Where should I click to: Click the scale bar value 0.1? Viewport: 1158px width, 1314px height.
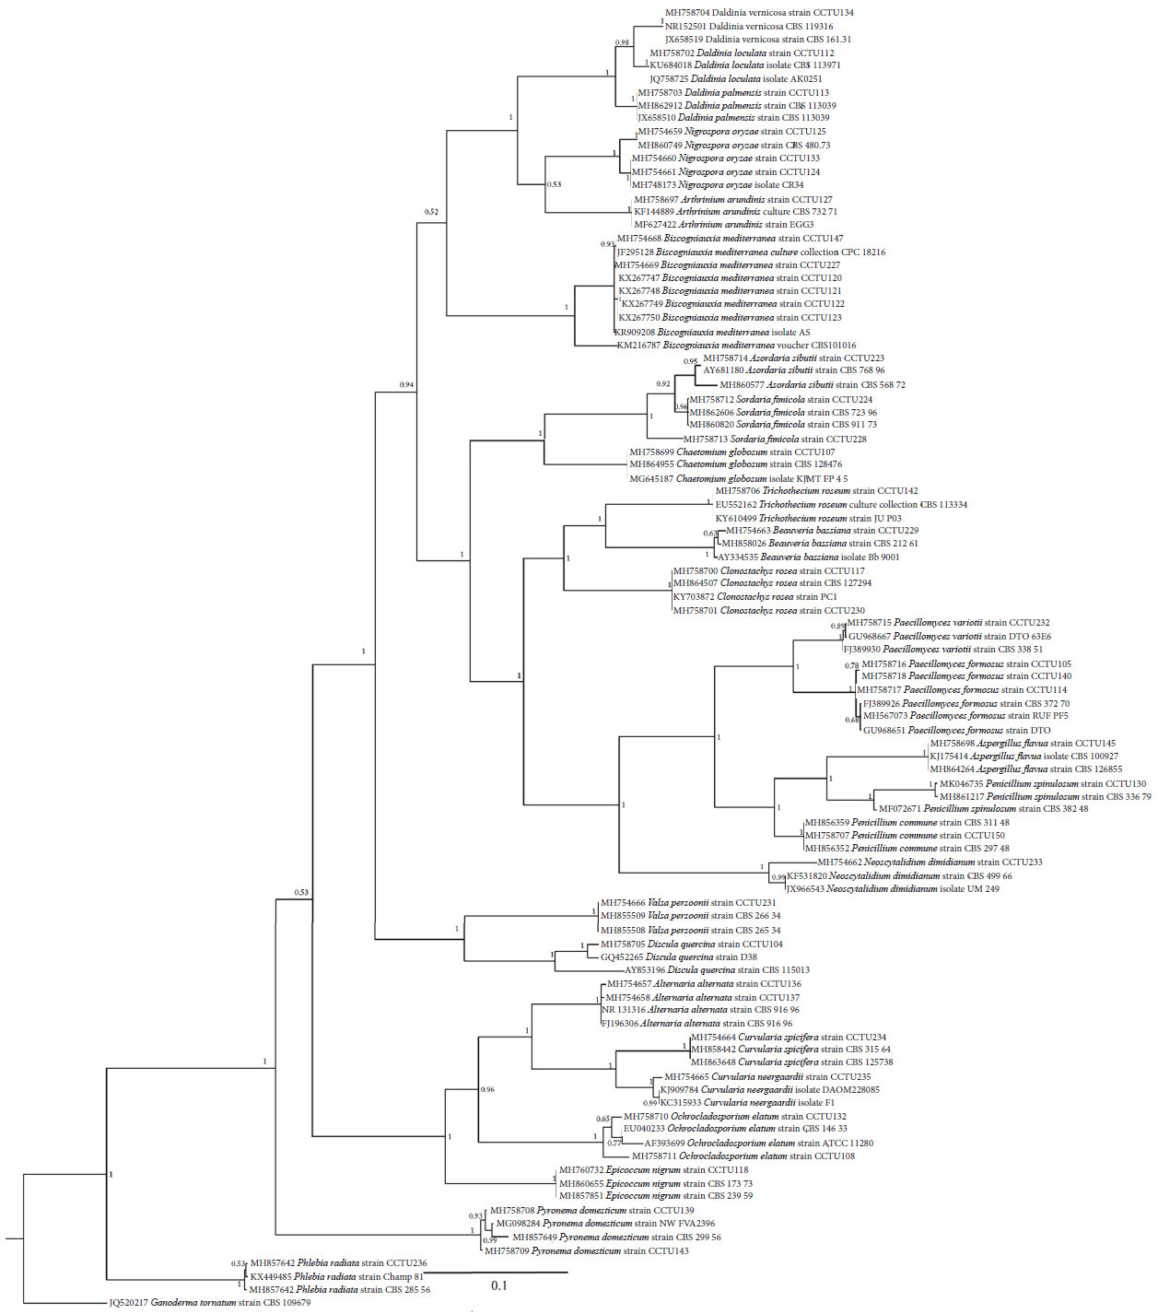(498, 1285)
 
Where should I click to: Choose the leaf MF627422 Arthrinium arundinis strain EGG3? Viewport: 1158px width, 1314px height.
(723, 225)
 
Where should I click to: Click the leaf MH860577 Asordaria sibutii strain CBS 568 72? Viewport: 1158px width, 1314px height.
(813, 384)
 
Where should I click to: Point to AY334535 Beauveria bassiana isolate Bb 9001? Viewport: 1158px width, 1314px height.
(807, 557)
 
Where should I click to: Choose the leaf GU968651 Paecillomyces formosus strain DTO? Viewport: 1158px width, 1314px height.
(956, 730)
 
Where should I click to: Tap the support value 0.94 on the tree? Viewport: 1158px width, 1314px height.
(406, 384)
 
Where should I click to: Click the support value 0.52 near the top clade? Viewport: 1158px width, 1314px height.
(431, 212)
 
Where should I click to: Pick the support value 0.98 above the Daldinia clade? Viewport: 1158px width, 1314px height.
(623, 42)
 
